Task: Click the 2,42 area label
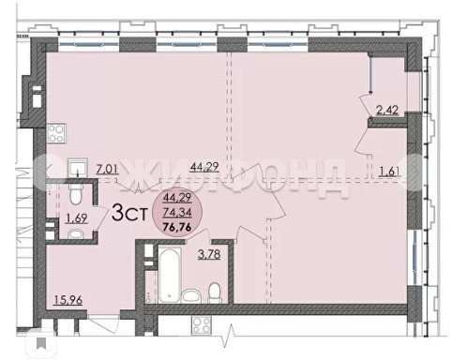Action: click(x=387, y=110)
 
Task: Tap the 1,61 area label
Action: click(x=390, y=172)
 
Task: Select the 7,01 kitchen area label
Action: click(x=107, y=170)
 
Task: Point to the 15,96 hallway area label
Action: click(x=68, y=300)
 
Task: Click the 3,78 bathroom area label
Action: click(x=209, y=254)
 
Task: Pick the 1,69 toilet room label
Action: click(x=76, y=218)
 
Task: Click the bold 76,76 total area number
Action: click(x=177, y=227)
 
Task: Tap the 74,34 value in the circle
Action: click(x=177, y=213)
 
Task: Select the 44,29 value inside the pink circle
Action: click(x=177, y=198)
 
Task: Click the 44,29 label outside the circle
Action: click(x=204, y=167)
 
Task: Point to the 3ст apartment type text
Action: click(x=129, y=213)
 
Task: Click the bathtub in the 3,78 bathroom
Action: click(x=170, y=276)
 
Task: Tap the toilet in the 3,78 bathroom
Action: click(x=215, y=293)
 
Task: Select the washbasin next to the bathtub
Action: click(x=191, y=296)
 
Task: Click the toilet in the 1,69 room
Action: click(x=75, y=194)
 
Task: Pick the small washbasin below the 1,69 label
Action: click(x=74, y=234)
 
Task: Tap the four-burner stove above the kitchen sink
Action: click(x=56, y=133)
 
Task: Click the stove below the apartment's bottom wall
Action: click(x=202, y=325)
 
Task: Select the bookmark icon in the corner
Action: click(x=41, y=343)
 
